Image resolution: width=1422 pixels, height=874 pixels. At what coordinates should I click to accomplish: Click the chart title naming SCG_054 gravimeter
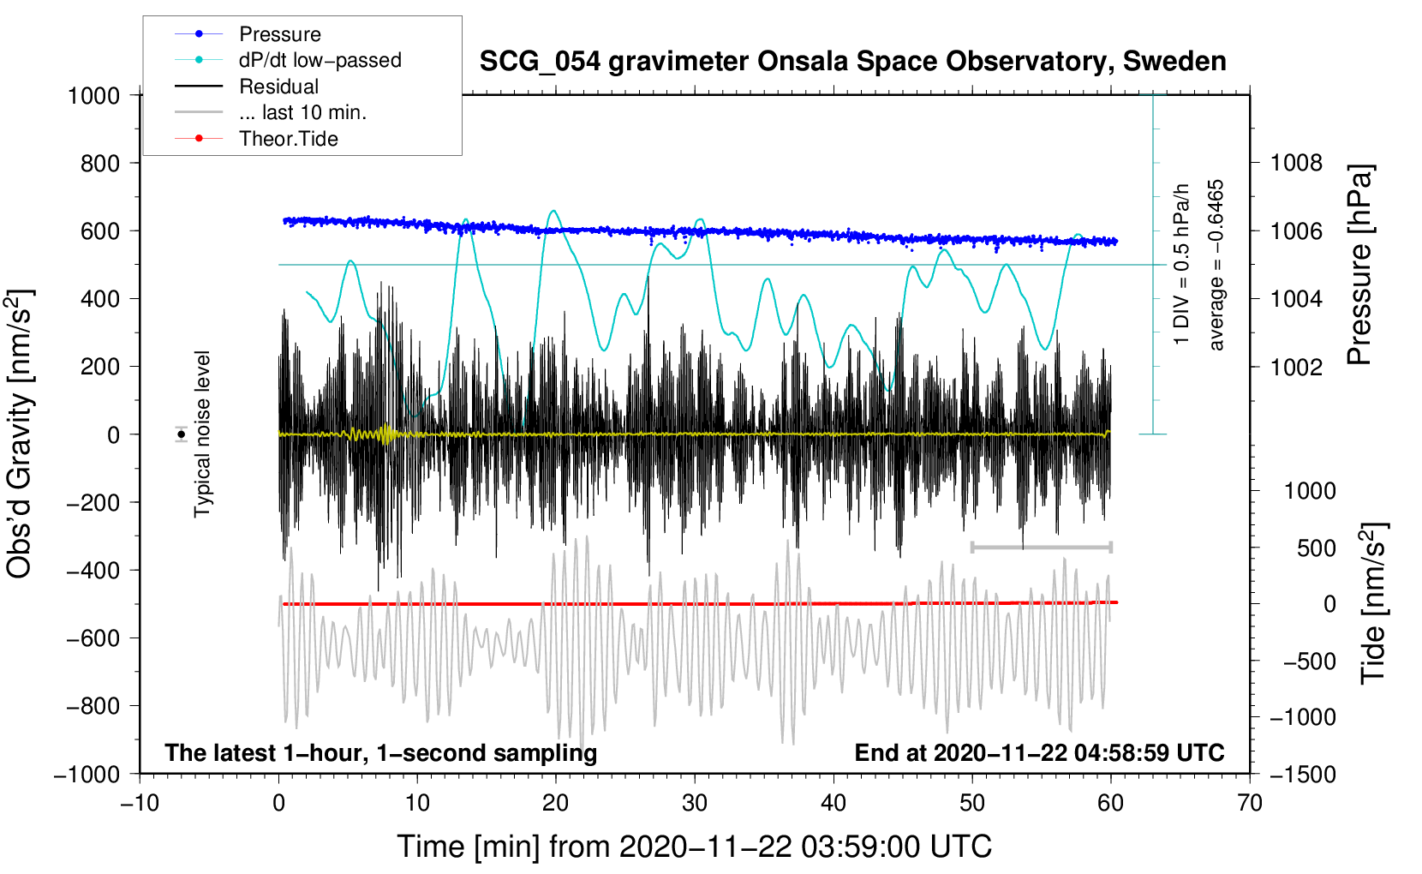coord(852,62)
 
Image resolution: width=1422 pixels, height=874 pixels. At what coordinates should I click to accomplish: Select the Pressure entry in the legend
coord(279,34)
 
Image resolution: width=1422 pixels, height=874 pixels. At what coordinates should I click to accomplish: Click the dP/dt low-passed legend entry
coord(320,60)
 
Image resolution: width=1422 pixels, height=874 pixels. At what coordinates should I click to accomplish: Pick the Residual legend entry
coord(278,87)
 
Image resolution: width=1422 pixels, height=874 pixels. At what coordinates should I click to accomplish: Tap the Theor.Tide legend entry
coord(288,139)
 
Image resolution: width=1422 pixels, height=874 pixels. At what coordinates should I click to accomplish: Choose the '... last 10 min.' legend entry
coord(302,112)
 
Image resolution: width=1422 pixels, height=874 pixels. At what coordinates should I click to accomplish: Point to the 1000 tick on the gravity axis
coord(94,95)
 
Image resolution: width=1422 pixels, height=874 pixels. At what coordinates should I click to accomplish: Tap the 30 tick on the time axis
coord(695,803)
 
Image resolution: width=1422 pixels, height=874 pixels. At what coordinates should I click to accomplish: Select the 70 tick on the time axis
coord(1250,803)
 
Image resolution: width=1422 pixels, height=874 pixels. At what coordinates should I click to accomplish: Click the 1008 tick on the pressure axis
coord(1296,163)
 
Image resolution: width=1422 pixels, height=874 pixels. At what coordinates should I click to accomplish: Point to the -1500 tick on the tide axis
coord(1303,774)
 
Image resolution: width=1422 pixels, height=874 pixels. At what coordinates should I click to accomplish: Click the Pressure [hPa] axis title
coord(1359,265)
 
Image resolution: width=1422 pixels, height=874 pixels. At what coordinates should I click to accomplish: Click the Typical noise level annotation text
coord(202,434)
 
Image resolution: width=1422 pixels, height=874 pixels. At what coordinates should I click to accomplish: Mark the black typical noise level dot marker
coord(182,434)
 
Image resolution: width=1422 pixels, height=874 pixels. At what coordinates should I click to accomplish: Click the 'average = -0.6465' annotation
coord(1216,265)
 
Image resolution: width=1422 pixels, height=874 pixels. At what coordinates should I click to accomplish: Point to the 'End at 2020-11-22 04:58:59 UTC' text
coord(1039,752)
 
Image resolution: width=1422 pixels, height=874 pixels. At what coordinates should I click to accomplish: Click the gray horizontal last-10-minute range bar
coord(1041,547)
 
